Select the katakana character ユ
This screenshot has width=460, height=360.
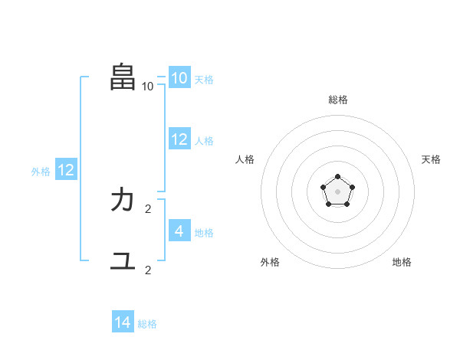point(123,260)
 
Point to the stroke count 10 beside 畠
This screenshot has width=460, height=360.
point(148,86)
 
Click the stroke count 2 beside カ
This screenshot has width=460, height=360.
point(148,208)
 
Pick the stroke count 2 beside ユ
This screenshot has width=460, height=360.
point(148,270)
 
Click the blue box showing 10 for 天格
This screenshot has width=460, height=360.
point(179,78)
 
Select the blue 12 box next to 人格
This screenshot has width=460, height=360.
point(179,139)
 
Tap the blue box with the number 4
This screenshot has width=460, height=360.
point(179,231)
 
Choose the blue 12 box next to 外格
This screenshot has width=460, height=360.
point(66,170)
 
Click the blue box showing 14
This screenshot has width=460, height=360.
point(123,322)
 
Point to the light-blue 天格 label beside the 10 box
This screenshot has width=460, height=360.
point(204,80)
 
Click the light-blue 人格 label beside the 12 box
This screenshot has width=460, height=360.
point(204,141)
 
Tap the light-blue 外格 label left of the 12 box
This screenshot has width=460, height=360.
point(41,172)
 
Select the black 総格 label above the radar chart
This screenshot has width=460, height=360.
point(338,100)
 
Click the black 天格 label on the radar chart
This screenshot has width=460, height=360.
point(432,159)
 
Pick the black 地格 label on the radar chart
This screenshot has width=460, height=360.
point(402,262)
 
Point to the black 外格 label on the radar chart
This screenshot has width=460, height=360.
point(270,262)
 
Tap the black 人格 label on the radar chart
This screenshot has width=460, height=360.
point(245,159)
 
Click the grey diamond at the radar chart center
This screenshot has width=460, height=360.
point(337,191)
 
